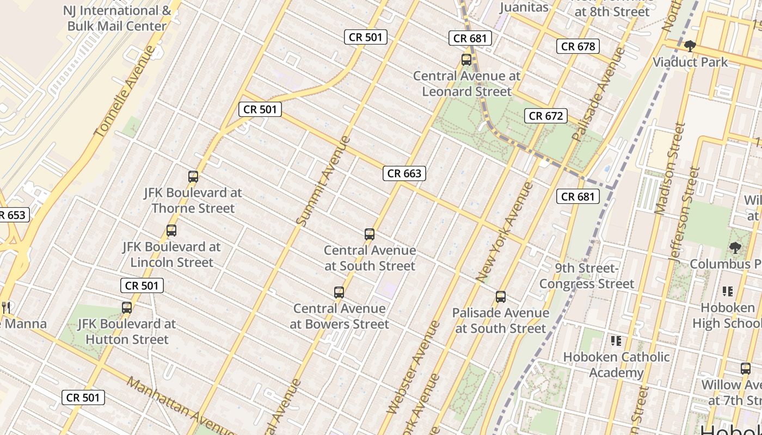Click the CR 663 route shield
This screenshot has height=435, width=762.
point(404,173)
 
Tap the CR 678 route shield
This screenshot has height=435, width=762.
point(578,46)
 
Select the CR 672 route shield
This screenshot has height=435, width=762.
point(546,116)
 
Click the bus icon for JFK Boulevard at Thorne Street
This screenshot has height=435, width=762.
point(193,176)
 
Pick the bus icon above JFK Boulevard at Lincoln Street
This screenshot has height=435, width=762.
point(171,231)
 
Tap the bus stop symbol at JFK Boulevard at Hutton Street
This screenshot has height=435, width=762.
point(127,307)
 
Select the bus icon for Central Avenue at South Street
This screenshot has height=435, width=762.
point(370,234)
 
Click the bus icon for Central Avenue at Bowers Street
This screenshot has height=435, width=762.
point(339,293)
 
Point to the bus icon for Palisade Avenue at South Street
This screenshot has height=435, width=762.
point(501,297)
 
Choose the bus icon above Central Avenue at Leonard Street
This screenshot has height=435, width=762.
point(466,60)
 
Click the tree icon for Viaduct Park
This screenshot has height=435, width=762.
point(690,46)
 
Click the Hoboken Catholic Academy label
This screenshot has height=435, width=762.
point(616,365)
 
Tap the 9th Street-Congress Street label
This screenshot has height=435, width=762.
point(587,276)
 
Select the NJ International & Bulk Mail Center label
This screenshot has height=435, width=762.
point(117,18)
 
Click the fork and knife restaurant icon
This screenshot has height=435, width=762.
point(7,307)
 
